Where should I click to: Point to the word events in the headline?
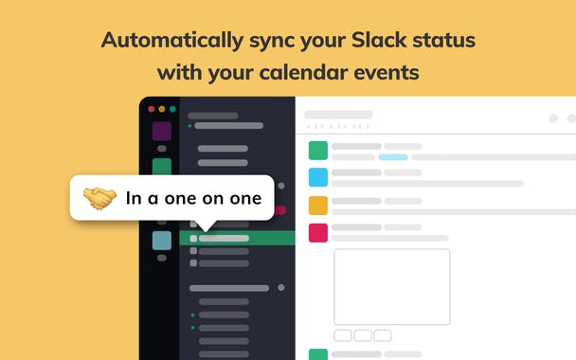pyautogui.click(x=387, y=72)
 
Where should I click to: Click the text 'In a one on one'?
pyautogui.click(x=193, y=198)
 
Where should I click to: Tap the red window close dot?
pyautogui.click(x=150, y=110)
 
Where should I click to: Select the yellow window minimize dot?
pyautogui.click(x=160, y=110)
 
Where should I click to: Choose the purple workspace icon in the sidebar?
pyautogui.click(x=162, y=132)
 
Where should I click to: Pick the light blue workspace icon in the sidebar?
pyautogui.click(x=162, y=241)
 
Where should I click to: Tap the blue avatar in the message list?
pyautogui.click(x=318, y=177)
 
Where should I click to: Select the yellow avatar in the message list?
pyautogui.click(x=318, y=205)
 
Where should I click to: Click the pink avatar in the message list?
pyautogui.click(x=318, y=232)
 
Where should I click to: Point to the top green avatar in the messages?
pyautogui.click(x=318, y=150)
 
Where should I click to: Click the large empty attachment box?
pyautogui.click(x=391, y=287)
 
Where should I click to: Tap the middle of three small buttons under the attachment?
pyautogui.click(x=363, y=335)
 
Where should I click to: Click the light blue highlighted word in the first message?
pyautogui.click(x=393, y=157)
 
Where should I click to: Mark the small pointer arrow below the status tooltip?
pyautogui.click(x=207, y=225)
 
